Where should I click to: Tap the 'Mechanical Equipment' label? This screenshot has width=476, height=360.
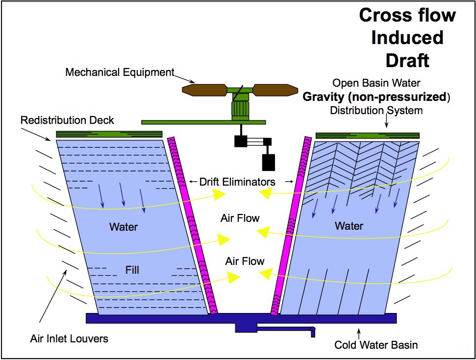[120, 72]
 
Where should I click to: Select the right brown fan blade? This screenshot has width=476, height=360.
[275, 90]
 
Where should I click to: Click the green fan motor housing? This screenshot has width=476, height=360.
[241, 107]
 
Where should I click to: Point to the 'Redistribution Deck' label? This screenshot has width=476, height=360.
[67, 120]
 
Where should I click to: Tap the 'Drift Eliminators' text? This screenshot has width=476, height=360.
[237, 182]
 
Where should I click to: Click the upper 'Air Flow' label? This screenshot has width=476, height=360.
[240, 218]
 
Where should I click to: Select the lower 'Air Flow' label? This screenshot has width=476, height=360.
[245, 261]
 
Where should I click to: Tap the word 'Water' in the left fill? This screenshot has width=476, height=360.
[124, 227]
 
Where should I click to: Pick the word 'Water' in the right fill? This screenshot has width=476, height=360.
[349, 226]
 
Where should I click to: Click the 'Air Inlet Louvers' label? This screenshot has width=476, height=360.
[69, 338]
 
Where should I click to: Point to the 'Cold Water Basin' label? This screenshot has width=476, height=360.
[376, 345]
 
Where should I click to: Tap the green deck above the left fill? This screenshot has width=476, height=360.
[109, 134]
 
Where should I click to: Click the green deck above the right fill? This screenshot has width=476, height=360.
[367, 135]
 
